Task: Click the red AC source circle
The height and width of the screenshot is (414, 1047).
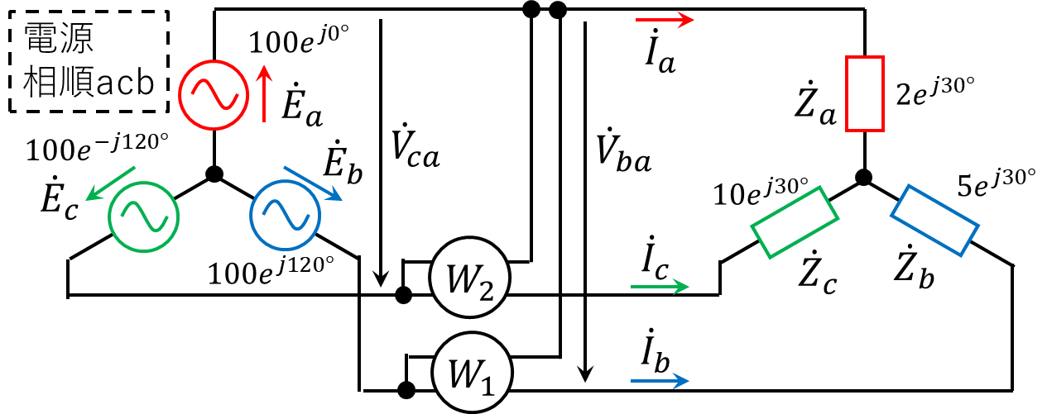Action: pyautogui.click(x=214, y=95)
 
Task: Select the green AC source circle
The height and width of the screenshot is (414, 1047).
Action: pyautogui.click(x=144, y=217)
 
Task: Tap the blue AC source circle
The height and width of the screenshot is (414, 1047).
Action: pyautogui.click(x=285, y=216)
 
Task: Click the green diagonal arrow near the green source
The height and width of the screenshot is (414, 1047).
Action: pyautogui.click(x=111, y=183)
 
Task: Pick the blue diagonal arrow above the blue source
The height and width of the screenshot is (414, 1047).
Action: pyautogui.click(x=313, y=183)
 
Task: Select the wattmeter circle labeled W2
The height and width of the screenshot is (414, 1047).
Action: pyautogui.click(x=469, y=282)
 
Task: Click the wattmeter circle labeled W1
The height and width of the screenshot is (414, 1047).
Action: pyautogui.click(x=473, y=374)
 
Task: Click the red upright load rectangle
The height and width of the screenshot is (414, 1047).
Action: pyautogui.click(x=865, y=93)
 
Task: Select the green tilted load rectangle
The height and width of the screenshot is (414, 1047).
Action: pyautogui.click(x=795, y=222)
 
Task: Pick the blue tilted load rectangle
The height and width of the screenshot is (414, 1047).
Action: pyautogui.click(x=934, y=220)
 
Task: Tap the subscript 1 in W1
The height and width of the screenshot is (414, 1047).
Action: pyautogui.click(x=488, y=383)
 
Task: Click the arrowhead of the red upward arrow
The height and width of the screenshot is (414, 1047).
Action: pyautogui.click(x=263, y=73)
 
